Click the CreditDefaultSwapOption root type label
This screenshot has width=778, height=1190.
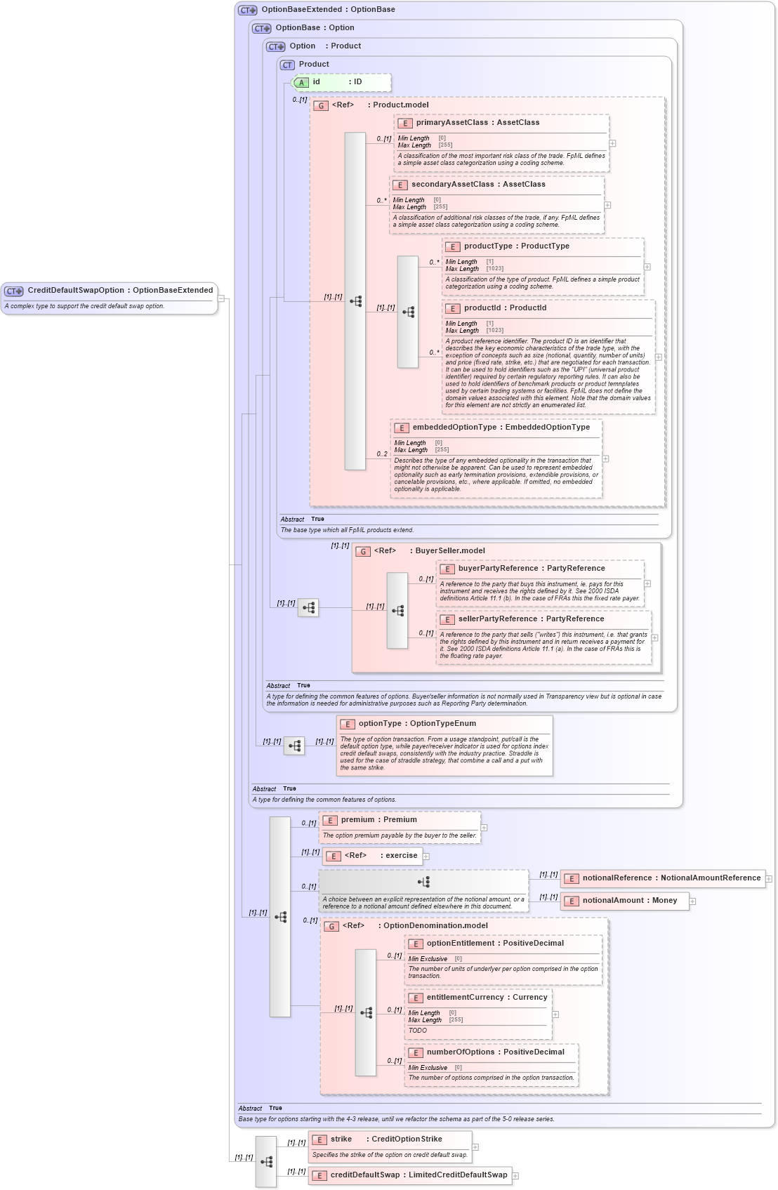coord(119,291)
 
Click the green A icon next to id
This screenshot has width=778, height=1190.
coord(301,83)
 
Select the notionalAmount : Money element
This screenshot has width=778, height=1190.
coord(629,901)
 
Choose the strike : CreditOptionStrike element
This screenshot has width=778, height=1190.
coord(385,1139)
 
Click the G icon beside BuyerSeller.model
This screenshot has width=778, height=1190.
coord(363,552)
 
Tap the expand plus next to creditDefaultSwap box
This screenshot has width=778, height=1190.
coord(515,1176)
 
